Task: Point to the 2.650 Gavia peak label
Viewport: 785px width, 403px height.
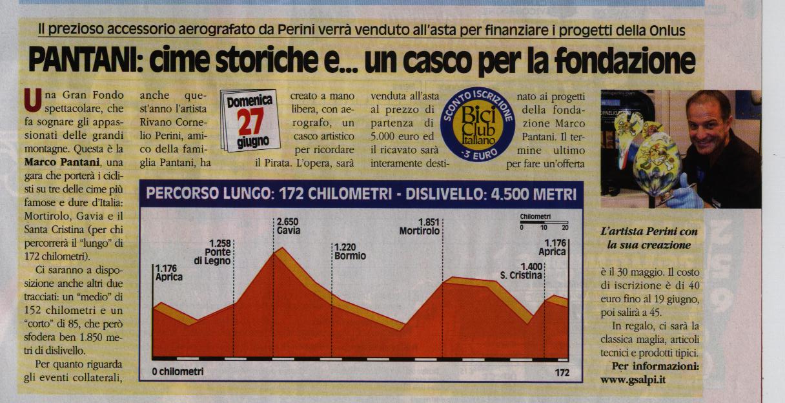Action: [287, 225]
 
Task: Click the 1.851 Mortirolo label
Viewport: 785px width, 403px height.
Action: [420, 226]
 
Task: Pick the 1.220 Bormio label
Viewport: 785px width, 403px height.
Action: [350, 251]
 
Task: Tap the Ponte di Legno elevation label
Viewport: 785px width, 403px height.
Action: [212, 251]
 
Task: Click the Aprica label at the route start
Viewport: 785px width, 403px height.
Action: [168, 273]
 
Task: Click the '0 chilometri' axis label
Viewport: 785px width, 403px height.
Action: [178, 372]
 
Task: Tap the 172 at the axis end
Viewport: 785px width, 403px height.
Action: [562, 373]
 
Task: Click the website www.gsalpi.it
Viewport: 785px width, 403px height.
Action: [633, 379]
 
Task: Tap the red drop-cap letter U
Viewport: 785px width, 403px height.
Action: [29, 99]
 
